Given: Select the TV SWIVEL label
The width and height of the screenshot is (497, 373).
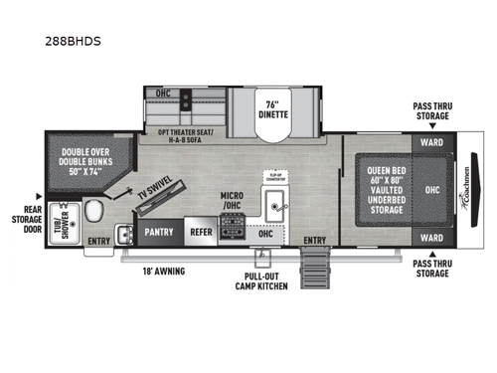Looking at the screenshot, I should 151,193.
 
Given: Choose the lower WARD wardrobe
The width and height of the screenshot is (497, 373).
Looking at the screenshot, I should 431,237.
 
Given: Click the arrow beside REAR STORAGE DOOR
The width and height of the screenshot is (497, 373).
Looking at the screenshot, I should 38,195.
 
